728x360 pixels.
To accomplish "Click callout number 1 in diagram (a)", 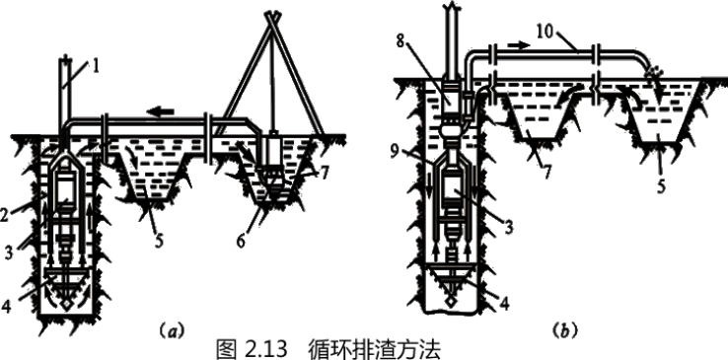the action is (x=96, y=66).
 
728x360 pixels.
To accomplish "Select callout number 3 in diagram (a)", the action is (x=9, y=252).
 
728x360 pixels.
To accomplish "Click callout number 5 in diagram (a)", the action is (x=158, y=241).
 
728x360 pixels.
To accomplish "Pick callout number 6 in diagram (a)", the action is (x=241, y=241).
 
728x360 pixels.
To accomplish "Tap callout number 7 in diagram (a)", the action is (x=325, y=173).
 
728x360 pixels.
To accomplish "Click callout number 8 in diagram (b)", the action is (x=400, y=40).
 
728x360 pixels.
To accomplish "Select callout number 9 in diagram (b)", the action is (x=396, y=152).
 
